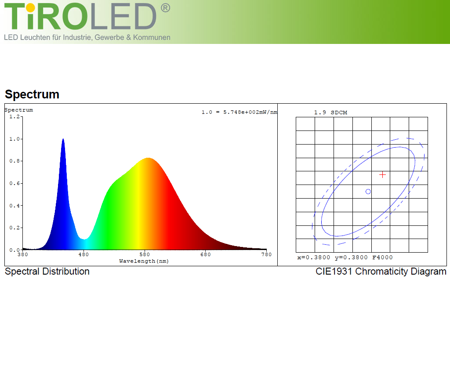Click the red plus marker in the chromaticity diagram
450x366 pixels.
click(382, 175)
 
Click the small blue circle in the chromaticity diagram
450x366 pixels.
click(368, 191)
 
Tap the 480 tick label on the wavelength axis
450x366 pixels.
click(83, 254)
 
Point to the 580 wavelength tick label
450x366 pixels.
click(145, 254)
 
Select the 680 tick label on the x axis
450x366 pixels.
click(206, 254)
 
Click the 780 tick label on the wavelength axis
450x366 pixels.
click(267, 254)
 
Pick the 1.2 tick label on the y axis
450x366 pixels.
click(15, 116)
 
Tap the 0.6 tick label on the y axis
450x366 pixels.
click(15, 183)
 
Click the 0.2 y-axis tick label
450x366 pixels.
click(15, 228)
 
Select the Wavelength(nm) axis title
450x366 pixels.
click(144, 261)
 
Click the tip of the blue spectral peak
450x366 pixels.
click(63, 139)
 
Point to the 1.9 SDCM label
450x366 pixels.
click(330, 112)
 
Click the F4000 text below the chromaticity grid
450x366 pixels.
click(383, 257)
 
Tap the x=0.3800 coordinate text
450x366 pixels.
click(314, 257)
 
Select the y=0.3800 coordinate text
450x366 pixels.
click(351, 257)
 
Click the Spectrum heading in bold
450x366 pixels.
click(32, 94)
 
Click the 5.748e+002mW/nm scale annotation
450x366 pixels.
click(250, 112)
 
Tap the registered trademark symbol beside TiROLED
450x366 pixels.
click(165, 8)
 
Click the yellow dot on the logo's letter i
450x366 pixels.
click(30, 8)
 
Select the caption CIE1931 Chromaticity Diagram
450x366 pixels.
click(381, 272)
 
